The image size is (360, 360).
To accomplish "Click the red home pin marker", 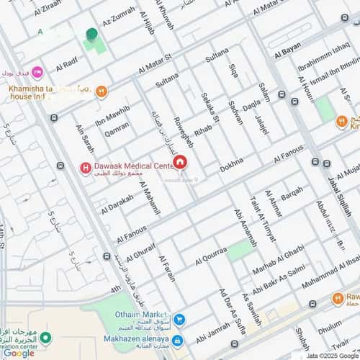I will click(x=179, y=162).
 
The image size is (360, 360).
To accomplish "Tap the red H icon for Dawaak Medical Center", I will click(x=85, y=168).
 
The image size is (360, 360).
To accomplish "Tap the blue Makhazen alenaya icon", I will click(x=177, y=341).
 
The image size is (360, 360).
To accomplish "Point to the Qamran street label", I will click(x=117, y=129).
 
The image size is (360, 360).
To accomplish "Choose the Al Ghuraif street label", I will click(x=141, y=252).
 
